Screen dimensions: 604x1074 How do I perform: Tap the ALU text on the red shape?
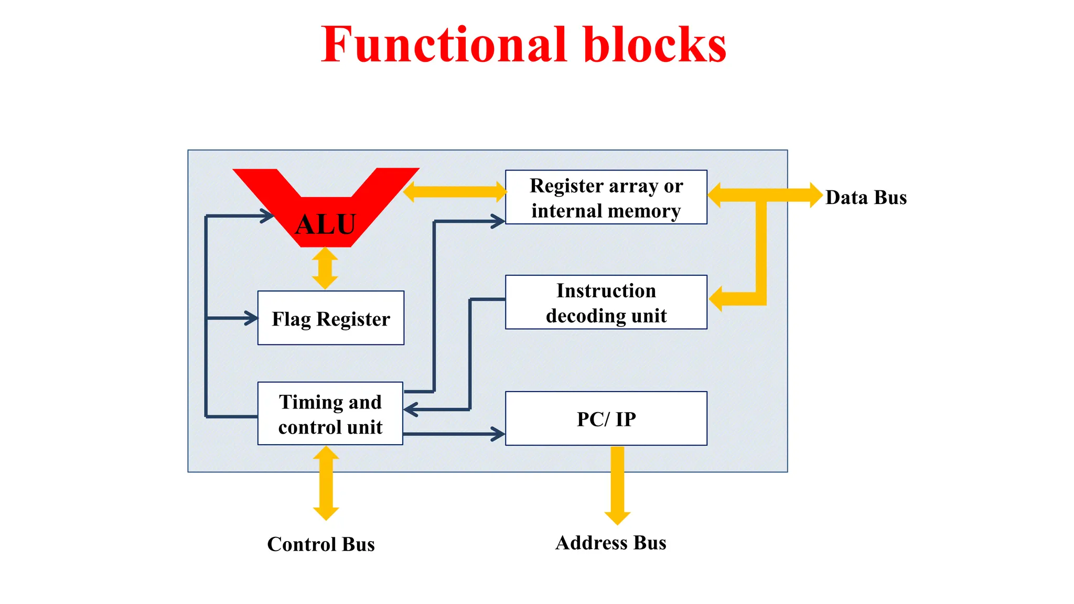[x=326, y=224]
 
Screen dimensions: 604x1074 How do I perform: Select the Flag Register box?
[x=331, y=318]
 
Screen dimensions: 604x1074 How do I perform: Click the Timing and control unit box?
[x=330, y=414]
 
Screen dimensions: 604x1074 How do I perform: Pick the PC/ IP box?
[x=606, y=418]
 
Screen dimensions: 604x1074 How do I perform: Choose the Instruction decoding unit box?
[x=606, y=303]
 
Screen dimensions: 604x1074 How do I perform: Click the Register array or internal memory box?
[x=606, y=198]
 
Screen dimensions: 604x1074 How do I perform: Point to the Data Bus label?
[x=866, y=198]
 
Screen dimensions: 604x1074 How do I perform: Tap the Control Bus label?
[x=321, y=544]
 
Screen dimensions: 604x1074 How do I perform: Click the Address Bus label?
[x=611, y=543]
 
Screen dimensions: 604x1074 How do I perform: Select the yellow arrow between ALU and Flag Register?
[x=325, y=268]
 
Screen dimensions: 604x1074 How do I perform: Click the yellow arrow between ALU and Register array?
[x=455, y=192]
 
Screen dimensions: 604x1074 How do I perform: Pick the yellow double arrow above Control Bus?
[x=326, y=483]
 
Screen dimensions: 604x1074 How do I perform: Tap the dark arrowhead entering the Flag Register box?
[x=251, y=318]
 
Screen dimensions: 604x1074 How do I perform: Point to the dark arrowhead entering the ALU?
[x=267, y=215]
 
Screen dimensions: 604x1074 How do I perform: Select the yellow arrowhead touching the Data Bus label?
[x=815, y=195]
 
